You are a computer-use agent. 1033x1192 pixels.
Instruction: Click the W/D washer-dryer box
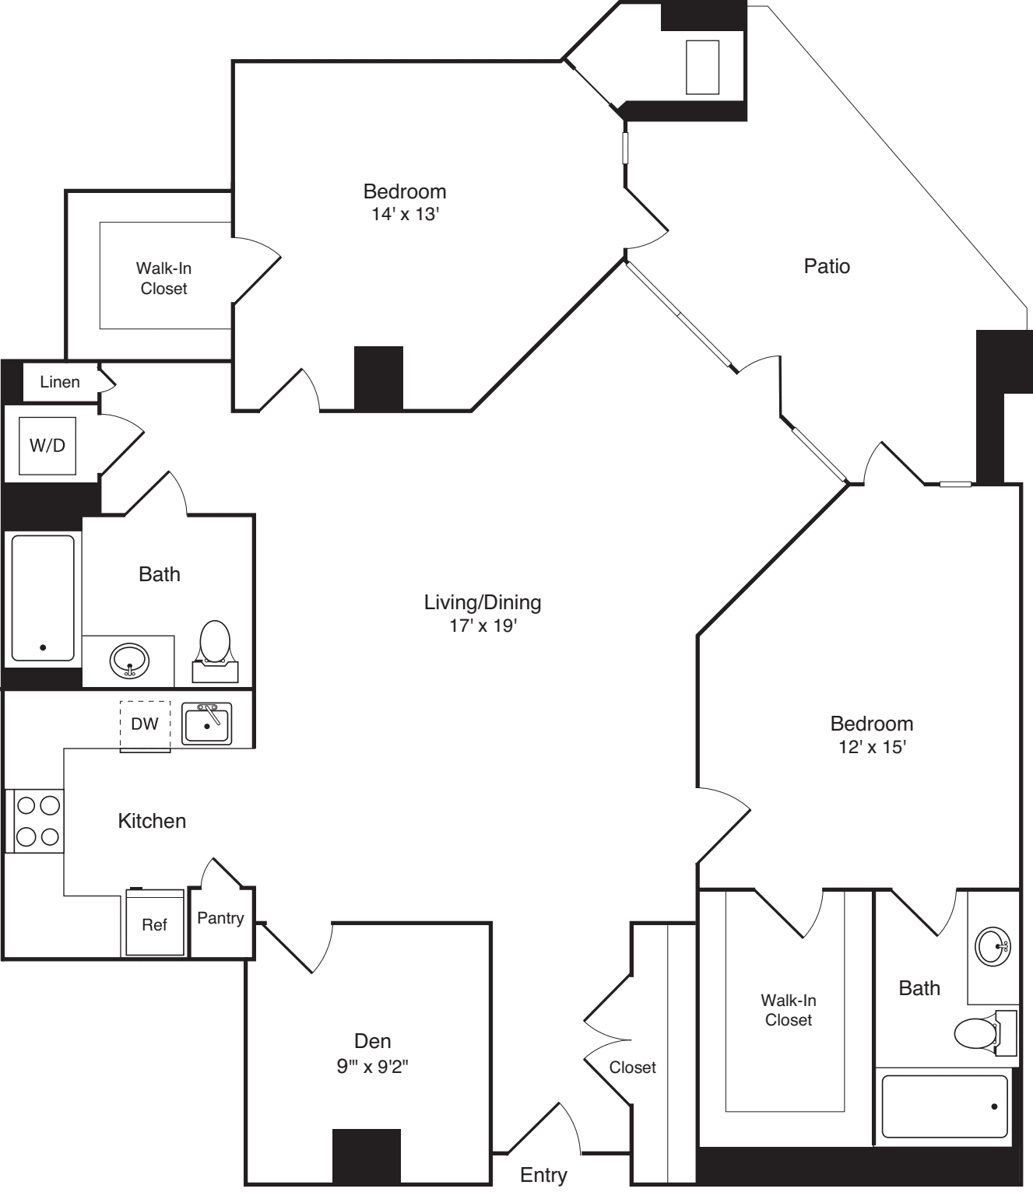coord(47,446)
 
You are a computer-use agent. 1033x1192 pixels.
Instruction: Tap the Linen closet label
coord(60,382)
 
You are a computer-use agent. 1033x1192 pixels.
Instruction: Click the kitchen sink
coord(207,724)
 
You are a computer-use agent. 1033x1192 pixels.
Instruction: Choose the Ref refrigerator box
coord(155,924)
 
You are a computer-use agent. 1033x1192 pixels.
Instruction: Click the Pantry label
coord(220,918)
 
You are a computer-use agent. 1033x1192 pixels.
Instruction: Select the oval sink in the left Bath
coord(129,661)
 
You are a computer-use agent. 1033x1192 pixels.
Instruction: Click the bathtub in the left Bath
coord(44,598)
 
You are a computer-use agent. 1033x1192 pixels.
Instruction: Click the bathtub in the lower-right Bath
coord(944,1106)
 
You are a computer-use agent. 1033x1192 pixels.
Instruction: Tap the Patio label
coord(827,266)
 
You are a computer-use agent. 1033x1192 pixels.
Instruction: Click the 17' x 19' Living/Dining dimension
coord(483,626)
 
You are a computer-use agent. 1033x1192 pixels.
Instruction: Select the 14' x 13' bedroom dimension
coord(405,214)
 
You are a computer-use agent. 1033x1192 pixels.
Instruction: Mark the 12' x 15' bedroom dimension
coord(871,747)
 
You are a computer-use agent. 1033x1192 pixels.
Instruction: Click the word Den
coord(372,1041)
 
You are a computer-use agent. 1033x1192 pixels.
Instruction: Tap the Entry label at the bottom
coord(543,1175)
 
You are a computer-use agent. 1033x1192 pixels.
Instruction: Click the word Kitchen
coord(152,821)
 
